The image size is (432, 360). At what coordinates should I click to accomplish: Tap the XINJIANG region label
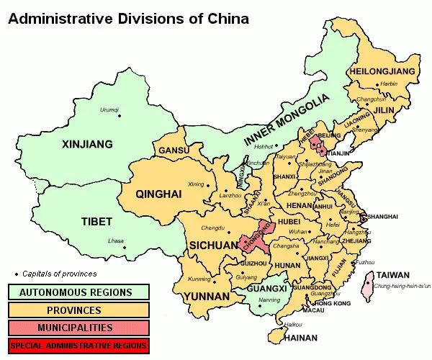coord(87,144)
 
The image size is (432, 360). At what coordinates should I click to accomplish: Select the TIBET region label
coord(96,221)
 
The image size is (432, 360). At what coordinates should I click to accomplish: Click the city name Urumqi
coord(109,109)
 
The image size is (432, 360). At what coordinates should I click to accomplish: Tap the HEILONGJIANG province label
coord(382,71)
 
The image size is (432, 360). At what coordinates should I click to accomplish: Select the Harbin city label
coord(388,84)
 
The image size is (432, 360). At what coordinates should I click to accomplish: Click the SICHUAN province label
coord(213,246)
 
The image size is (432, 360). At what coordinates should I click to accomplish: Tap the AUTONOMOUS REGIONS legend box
coord(78,292)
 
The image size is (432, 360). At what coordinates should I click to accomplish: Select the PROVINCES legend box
coord(78,310)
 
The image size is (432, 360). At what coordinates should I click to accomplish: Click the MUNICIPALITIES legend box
coord(78,328)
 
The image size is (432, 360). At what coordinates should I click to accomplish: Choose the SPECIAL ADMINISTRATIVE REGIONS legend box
coord(78,345)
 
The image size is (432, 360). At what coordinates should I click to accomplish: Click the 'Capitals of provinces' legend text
coord(59,274)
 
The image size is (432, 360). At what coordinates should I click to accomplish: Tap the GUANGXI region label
coord(266,289)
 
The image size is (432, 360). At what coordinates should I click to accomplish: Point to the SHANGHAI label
coord(382,217)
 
